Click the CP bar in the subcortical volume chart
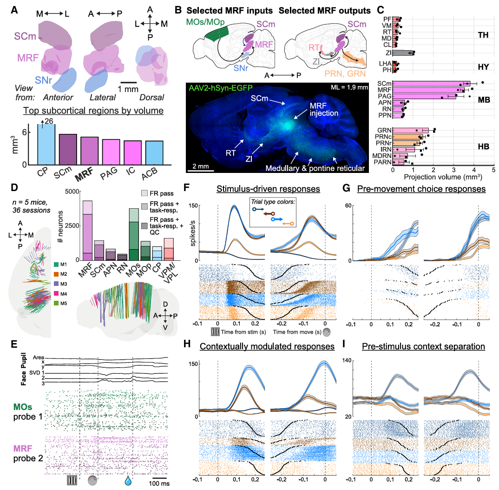coord(46,144)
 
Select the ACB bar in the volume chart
coord(154,153)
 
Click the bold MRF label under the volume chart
coord(84,174)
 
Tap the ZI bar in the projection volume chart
coord(403,53)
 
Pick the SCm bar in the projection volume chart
coord(431,84)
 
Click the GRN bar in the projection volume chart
coord(411,130)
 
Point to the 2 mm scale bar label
coord(201,166)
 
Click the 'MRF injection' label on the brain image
coord(324,109)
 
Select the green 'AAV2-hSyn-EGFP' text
coord(221,88)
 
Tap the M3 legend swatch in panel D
coord(56,284)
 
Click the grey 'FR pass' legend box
coord(144,193)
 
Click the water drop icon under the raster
coord(128,480)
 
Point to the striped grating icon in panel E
coord(72,480)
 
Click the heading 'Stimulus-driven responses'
coord(268,189)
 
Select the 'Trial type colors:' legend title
coord(273,202)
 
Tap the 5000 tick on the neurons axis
coord(72,192)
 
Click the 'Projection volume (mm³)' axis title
coord(443,177)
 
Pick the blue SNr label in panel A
coord(43,80)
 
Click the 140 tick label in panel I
coord(347,360)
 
